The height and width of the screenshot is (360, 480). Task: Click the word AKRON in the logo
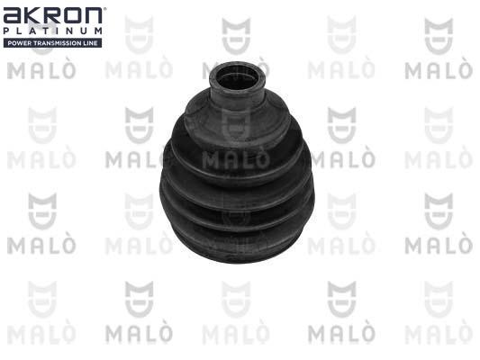52,16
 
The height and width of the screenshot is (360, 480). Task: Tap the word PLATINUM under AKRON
52,31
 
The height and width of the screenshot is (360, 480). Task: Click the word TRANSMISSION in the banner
58,43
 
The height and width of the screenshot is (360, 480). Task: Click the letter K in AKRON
33,16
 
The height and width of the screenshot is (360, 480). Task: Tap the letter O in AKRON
72,16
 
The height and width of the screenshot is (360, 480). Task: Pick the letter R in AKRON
52,16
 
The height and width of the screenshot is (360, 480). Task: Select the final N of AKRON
93,16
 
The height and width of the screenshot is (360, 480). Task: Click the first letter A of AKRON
13,16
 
